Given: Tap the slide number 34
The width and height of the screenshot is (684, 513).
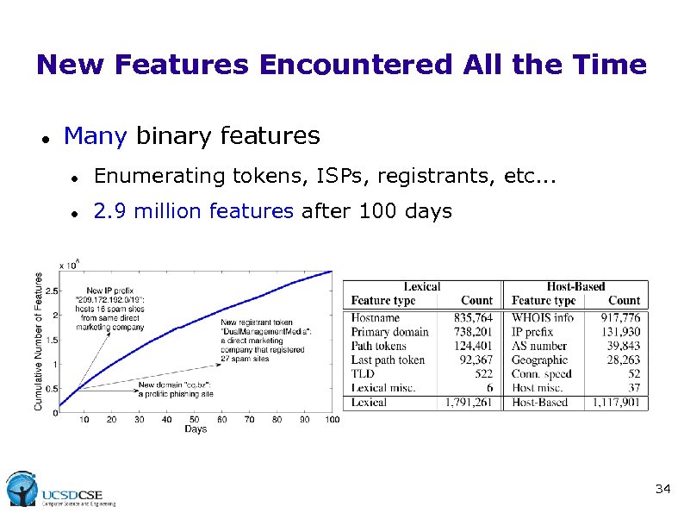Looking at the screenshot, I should tap(662, 490).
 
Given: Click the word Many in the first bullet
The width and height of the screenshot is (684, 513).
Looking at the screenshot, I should tap(96, 136).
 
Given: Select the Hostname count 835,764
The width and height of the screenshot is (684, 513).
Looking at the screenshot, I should tap(473, 318).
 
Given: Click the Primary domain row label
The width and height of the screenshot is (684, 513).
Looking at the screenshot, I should tap(389, 332).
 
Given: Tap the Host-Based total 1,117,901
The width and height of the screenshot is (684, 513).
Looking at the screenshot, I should tap(616, 402).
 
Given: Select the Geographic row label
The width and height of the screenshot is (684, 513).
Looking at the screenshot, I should tap(539, 360).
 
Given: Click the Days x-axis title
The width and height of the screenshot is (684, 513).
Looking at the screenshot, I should tap(196, 429).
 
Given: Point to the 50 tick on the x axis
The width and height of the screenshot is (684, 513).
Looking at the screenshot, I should tap(194, 419).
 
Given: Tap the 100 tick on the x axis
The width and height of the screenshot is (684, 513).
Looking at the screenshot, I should tap(332, 419).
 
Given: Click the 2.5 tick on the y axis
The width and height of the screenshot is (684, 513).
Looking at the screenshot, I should tap(52, 291).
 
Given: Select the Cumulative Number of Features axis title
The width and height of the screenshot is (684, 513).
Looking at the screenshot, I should tap(39, 341).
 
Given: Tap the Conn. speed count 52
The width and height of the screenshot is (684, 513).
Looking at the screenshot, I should tap(634, 373).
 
